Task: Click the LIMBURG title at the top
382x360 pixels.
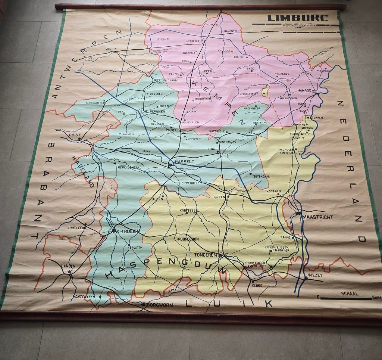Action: point(297,18)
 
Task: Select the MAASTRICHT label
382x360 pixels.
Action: point(317,217)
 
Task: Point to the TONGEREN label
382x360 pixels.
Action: point(206,255)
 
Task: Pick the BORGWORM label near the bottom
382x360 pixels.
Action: point(160,305)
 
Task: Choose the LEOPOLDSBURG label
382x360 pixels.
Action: point(168,80)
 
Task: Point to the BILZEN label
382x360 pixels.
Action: point(219,197)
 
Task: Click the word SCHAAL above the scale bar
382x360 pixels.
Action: point(350,294)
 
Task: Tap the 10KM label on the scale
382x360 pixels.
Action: point(376,298)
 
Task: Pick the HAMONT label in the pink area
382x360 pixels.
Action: point(231,31)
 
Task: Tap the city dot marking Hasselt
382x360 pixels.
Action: point(170,165)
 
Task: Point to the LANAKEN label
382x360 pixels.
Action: point(273,191)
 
